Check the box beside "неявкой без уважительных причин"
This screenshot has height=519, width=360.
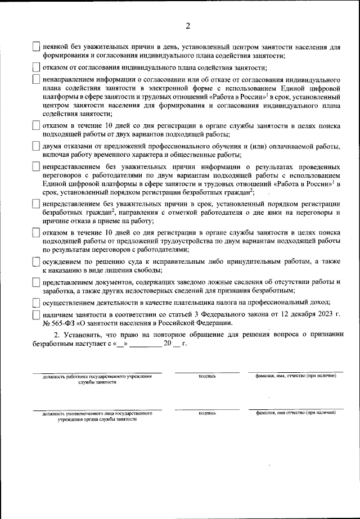(36, 47)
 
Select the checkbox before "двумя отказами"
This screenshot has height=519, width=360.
(36, 147)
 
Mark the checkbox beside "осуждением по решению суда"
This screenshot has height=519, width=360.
(36, 262)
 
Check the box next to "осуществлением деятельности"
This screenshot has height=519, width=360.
(36, 302)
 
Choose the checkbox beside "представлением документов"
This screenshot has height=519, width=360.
(36, 282)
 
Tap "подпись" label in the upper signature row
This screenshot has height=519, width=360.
(207, 376)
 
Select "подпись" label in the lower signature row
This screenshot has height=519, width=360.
(207, 413)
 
